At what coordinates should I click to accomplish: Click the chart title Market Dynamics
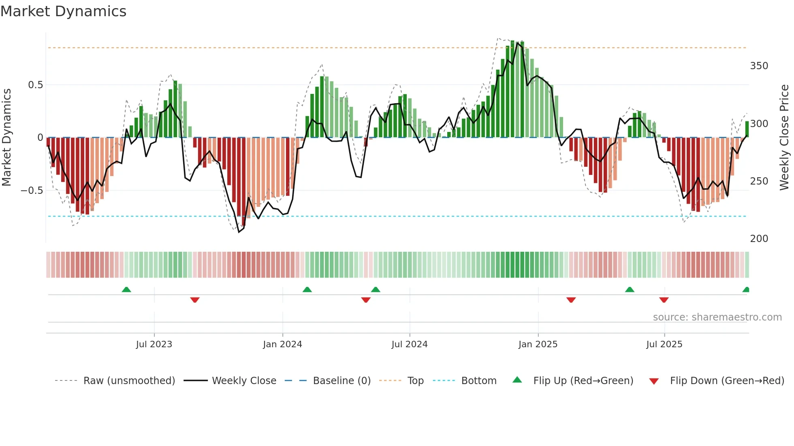63,11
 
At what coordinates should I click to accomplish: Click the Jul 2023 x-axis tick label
154,344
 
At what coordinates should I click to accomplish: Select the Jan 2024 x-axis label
282,344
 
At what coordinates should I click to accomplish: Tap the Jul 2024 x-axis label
409,344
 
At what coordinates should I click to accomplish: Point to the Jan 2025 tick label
538,344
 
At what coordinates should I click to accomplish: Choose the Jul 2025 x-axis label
664,344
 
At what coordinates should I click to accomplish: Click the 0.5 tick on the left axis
35,85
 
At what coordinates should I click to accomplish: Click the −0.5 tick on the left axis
32,191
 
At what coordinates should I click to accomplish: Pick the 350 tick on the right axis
759,66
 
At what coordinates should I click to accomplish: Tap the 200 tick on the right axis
759,239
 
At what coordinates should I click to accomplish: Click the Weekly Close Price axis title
784,138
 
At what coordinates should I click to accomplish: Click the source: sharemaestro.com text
717,317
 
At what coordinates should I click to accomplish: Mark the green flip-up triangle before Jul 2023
126,290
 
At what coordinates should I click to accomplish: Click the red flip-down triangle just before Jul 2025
664,300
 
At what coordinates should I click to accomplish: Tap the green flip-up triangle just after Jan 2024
307,290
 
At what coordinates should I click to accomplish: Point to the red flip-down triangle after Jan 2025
571,300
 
